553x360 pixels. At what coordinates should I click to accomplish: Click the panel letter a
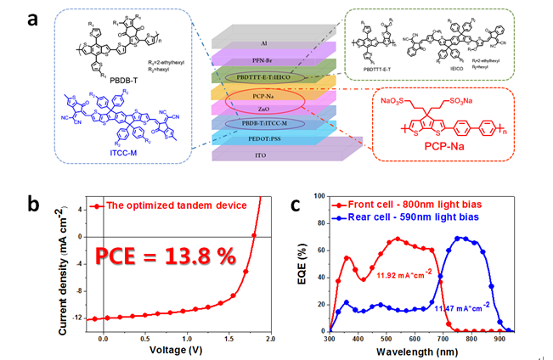(31, 19)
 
